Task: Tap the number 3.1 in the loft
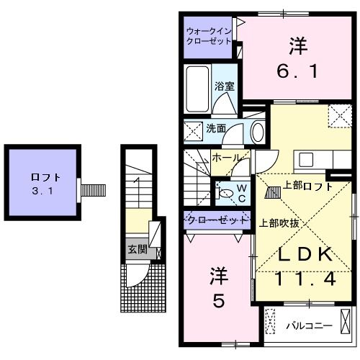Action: (45, 192)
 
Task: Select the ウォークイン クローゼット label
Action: (208, 36)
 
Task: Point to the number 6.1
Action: (298, 73)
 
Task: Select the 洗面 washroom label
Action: (216, 129)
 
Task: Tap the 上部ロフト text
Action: (307, 186)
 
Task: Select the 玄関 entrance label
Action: (137, 251)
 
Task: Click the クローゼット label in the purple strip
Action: (217, 219)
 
